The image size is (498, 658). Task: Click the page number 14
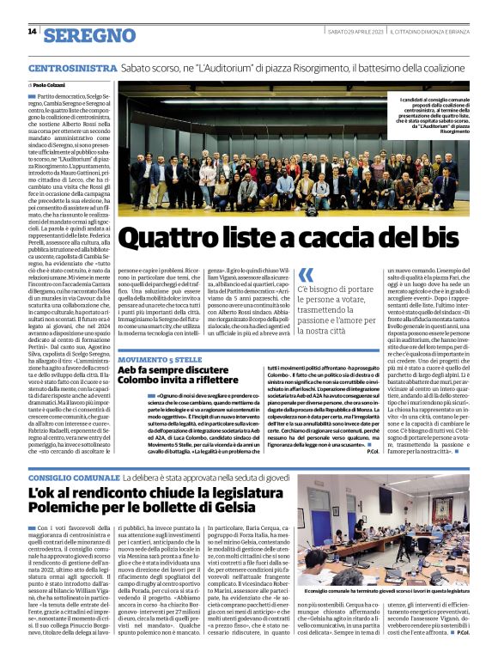point(32,32)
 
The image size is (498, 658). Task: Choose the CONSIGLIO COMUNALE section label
point(82,477)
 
